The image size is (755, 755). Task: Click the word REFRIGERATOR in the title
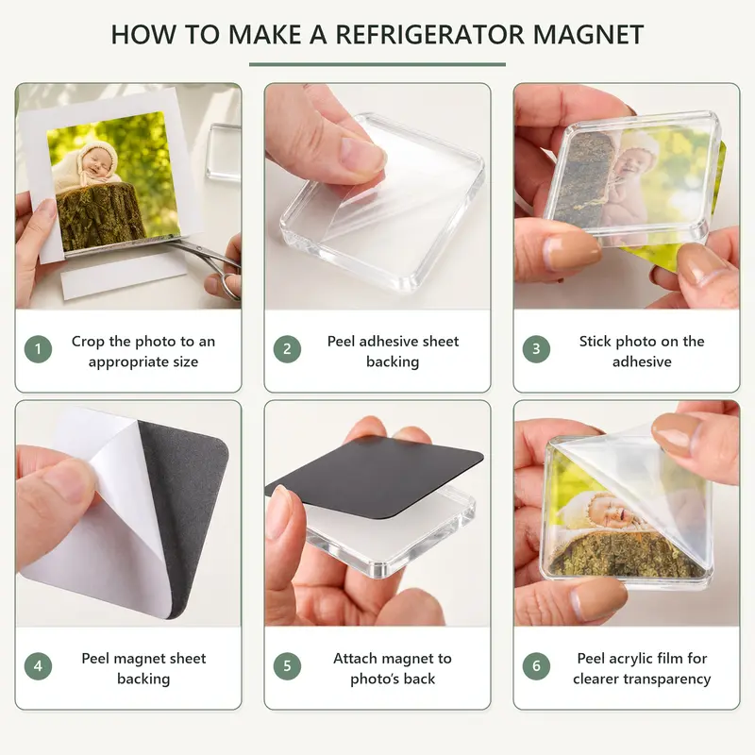pos(430,34)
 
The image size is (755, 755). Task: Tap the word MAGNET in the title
pos(588,34)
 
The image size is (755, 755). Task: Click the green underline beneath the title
pos(377,64)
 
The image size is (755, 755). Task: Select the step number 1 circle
pos(38,348)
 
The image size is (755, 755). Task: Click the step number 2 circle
pos(287,348)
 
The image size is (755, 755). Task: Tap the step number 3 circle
pos(536,348)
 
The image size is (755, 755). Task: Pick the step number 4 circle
pos(38,666)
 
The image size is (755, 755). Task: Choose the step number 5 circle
pos(287,666)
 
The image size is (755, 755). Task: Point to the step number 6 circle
pos(536,666)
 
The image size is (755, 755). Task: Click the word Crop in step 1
pos(88,342)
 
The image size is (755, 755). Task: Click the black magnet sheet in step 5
pos(374,478)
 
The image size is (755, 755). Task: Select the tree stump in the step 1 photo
pos(100,216)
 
